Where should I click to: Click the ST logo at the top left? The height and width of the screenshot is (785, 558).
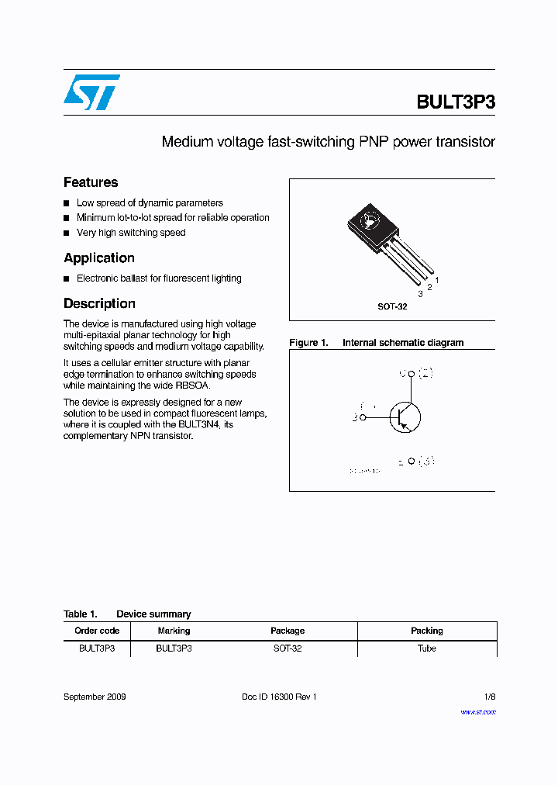tap(91, 92)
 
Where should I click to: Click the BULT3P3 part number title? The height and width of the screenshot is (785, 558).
tap(455, 102)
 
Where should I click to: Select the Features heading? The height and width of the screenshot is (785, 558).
tap(91, 182)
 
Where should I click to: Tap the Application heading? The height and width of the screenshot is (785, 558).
tap(99, 258)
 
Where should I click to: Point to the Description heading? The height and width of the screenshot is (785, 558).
tap(99, 304)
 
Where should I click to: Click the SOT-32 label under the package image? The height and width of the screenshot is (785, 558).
tap(392, 306)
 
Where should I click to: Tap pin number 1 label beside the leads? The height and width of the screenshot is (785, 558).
tap(437, 279)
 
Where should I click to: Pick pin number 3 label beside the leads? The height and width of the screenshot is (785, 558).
tap(420, 294)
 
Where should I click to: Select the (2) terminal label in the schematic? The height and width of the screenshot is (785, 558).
tap(425, 373)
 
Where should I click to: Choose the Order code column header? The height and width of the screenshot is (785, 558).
tap(97, 631)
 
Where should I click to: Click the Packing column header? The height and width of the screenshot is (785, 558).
tap(426, 631)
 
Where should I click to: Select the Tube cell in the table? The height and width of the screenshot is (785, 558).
tap(426, 648)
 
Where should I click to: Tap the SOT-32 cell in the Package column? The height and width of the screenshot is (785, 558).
tap(288, 648)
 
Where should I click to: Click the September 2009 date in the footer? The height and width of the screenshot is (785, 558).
tap(95, 697)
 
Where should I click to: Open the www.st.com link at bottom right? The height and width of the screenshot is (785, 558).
tap(477, 711)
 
